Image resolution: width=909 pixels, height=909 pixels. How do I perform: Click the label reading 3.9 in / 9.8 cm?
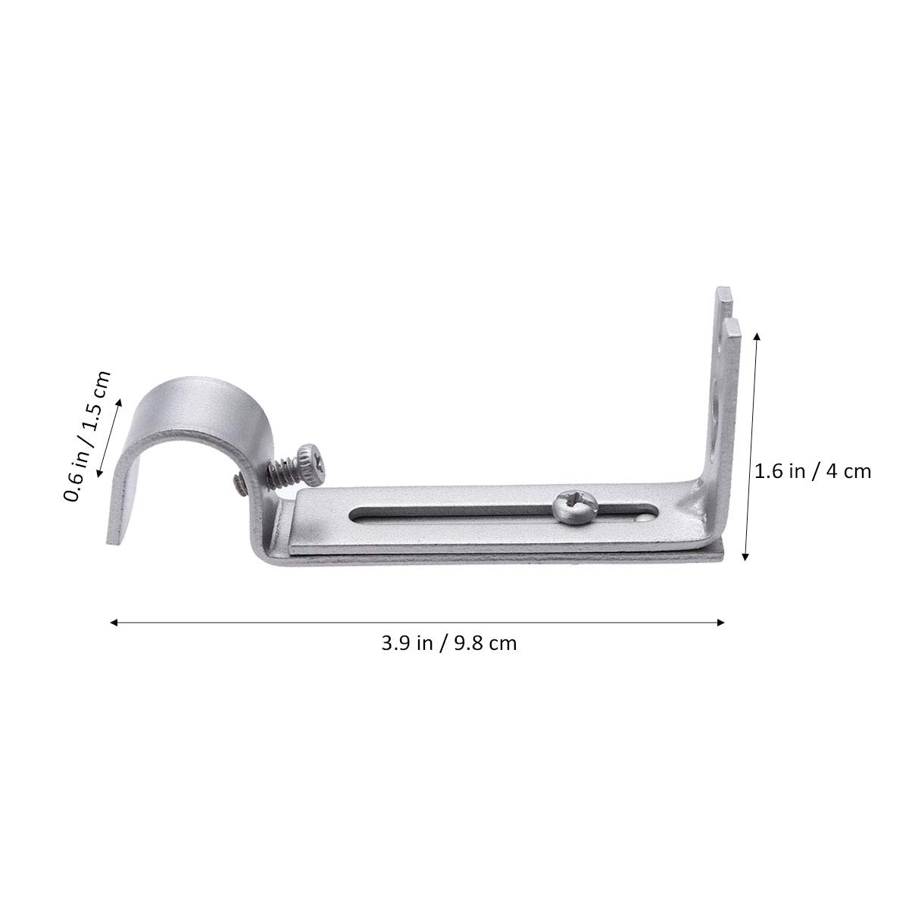448,644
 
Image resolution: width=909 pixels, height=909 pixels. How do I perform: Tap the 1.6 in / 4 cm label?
813,471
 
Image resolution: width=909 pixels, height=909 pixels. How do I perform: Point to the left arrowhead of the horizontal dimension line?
114,623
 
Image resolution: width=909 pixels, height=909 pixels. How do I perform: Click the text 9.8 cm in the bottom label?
486,644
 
